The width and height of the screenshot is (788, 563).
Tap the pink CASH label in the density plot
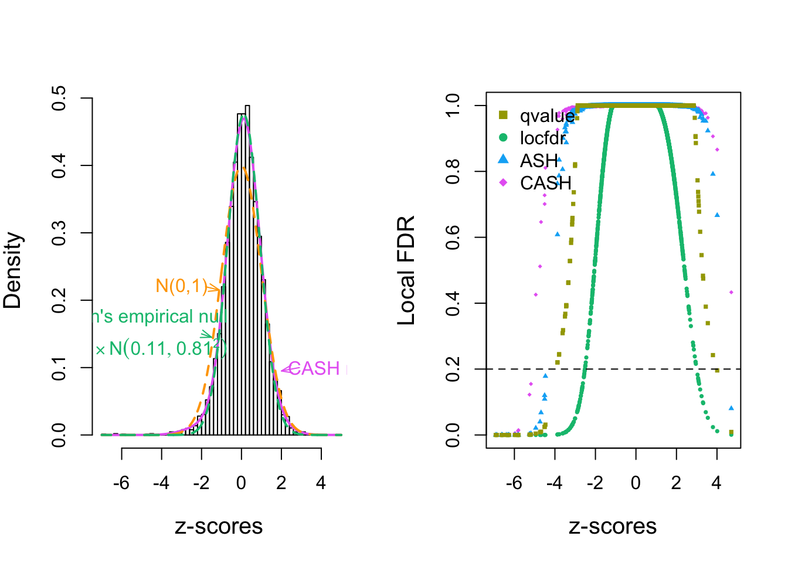[315, 368]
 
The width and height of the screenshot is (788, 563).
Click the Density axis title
[12, 270]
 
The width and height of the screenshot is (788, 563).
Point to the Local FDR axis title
[406, 270]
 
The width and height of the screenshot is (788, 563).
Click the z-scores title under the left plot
[219, 527]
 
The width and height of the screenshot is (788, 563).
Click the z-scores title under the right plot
[613, 527]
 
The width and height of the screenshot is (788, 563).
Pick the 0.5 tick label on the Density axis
[59, 99]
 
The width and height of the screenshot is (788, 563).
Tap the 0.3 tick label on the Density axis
[59, 233]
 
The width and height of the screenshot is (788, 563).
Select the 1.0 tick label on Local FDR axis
[453, 106]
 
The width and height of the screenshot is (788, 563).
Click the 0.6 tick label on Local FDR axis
[453, 238]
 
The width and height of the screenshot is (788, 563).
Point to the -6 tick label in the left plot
[121, 483]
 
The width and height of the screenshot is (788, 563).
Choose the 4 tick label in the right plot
[716, 483]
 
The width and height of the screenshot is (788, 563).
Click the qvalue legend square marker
[503, 115]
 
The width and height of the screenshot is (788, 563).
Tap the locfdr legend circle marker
[503, 138]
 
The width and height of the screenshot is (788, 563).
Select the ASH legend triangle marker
[503, 160]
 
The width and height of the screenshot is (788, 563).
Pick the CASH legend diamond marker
[503, 182]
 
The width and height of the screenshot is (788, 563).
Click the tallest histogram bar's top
[247, 106]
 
